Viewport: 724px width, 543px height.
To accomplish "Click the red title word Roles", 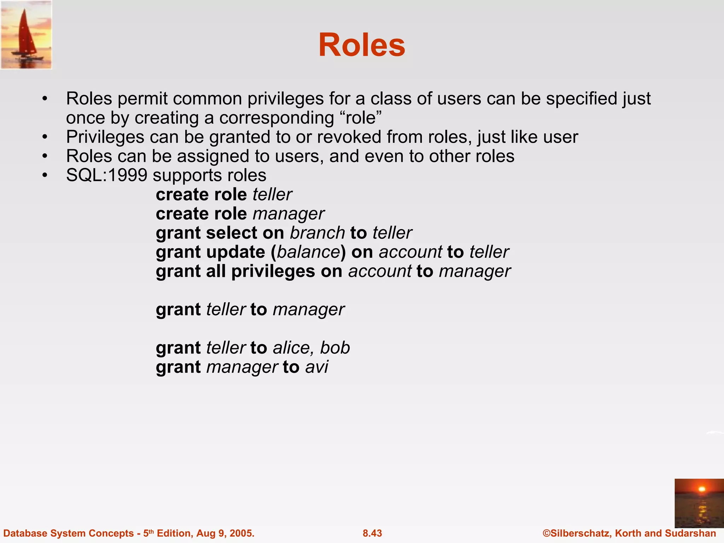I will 362,45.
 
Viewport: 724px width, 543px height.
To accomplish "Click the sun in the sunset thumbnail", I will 702,489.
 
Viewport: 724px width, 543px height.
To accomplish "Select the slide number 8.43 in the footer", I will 372,533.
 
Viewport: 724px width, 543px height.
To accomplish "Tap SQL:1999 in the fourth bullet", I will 106,175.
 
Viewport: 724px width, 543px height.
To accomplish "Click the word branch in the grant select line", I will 317,233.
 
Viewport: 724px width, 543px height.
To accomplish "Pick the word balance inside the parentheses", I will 308,252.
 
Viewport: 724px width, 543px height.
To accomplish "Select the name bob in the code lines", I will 335,348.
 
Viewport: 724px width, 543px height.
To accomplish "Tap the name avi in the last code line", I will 317,367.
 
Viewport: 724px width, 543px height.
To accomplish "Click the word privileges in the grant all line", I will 273,271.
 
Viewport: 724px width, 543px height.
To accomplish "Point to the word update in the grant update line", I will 235,252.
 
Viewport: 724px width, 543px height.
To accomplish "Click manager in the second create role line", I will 288,214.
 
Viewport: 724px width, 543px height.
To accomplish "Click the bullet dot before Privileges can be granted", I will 45,137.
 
